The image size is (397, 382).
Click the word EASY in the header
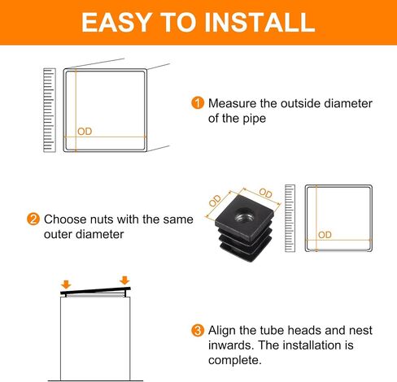point(116,22)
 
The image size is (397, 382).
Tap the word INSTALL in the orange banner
point(260,22)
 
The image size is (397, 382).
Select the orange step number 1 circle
point(198,103)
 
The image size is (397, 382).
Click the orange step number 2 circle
point(33,219)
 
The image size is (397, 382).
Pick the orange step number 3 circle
point(198,331)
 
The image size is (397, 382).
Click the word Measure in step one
point(232,103)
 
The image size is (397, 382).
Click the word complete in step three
point(235,361)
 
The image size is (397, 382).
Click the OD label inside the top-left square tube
point(85,132)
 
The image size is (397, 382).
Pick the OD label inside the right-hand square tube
point(325,235)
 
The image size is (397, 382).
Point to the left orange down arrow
point(66,284)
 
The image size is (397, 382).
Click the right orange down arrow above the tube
point(124,280)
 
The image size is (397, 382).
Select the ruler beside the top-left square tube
point(50,111)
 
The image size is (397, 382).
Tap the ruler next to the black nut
point(290,219)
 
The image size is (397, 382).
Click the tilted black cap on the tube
point(95,291)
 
